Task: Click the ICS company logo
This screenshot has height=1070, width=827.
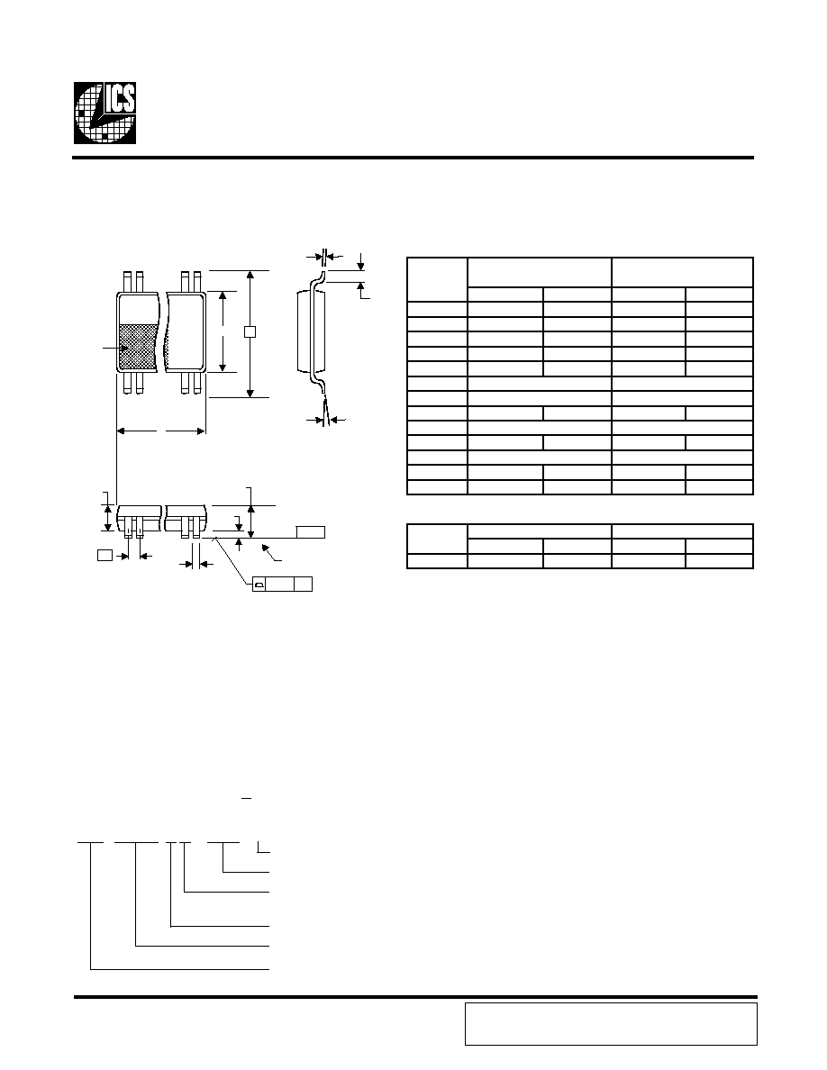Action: click(x=105, y=113)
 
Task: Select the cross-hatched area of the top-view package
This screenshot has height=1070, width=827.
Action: click(x=140, y=348)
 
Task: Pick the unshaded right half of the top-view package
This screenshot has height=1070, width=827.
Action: click(x=186, y=332)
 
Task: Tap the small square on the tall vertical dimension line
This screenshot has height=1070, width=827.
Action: click(x=250, y=332)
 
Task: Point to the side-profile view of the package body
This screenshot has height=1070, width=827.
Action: click(x=312, y=331)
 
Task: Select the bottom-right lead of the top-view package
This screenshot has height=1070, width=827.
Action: click(x=197, y=384)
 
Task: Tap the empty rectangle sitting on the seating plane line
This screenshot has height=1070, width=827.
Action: click(x=311, y=532)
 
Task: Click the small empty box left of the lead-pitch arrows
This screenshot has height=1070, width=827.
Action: click(x=105, y=555)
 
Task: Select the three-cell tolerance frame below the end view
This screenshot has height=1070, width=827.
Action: click(x=283, y=585)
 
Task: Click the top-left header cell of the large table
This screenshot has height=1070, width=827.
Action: click(x=437, y=279)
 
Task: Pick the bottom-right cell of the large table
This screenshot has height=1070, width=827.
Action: click(x=719, y=487)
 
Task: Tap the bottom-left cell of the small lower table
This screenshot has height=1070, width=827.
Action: click(x=437, y=561)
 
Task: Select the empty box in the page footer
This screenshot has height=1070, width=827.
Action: click(x=612, y=1023)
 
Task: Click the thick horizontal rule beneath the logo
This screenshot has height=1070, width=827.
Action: click(x=413, y=158)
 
